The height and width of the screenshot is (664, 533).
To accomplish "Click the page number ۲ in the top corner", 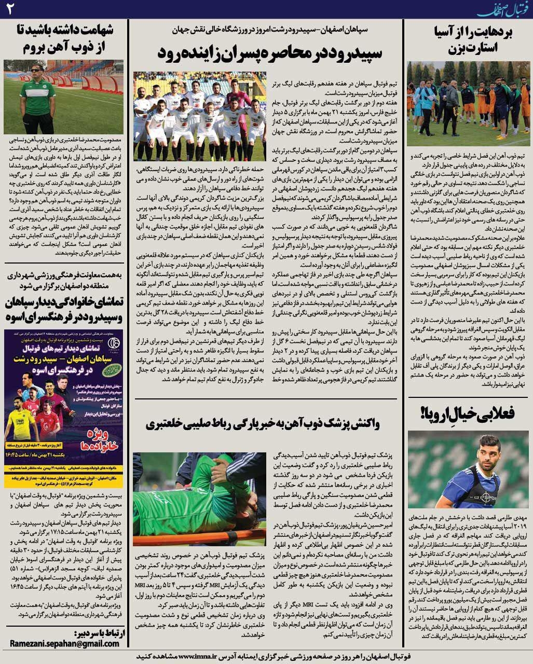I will pyautogui.click(x=11, y=9).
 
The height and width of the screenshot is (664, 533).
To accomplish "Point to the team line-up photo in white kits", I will pyautogui.click(x=200, y=116).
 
